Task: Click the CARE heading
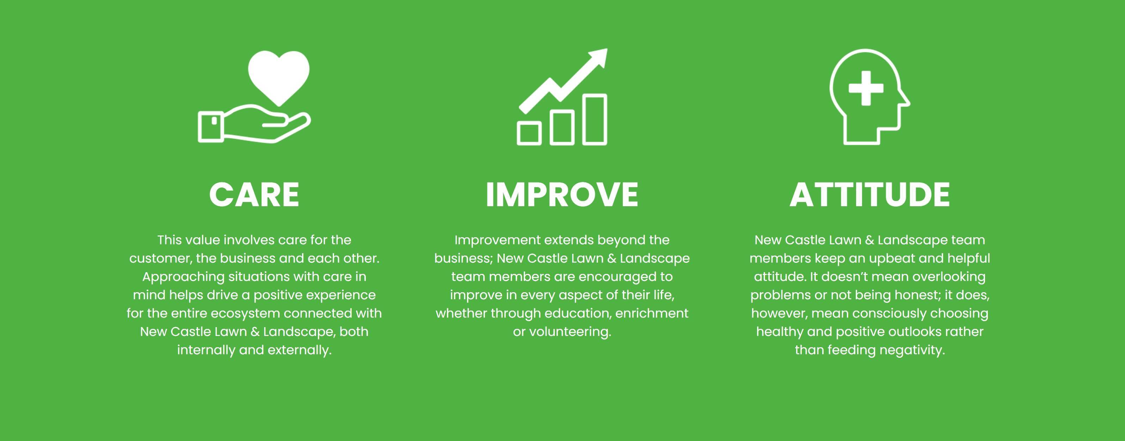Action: point(254,194)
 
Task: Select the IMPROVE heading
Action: point(562,194)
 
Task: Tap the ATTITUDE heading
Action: point(869,194)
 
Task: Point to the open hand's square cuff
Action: point(211,127)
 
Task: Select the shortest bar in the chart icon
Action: point(529,133)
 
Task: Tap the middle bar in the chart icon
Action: point(562,127)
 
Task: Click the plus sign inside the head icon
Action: point(866,88)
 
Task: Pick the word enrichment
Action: point(652,313)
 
